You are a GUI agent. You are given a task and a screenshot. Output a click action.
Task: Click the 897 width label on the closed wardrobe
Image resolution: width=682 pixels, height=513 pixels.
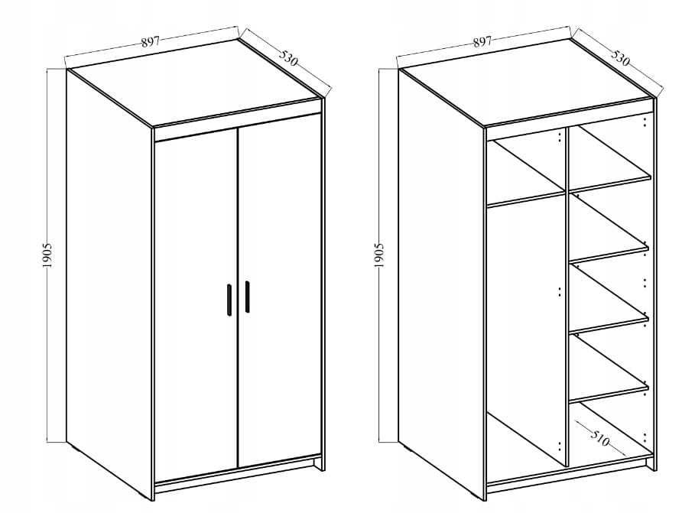coord(151,42)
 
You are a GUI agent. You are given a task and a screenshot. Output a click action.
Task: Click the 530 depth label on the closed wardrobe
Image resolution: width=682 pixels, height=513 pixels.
coord(288,58)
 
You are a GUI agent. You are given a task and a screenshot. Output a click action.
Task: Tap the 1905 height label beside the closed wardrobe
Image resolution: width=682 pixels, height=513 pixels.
coord(47,255)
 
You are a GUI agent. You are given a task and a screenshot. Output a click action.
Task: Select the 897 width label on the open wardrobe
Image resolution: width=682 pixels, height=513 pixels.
coord(482,42)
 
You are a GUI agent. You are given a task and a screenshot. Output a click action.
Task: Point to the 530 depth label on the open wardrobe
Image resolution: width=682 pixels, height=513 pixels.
coord(620,58)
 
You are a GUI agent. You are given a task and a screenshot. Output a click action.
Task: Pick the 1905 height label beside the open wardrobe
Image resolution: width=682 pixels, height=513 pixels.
coord(379,255)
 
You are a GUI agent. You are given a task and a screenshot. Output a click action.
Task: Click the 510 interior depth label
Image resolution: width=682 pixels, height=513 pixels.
coord(599,439)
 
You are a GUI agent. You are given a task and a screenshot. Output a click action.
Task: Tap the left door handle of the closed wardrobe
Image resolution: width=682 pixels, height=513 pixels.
coord(229,300)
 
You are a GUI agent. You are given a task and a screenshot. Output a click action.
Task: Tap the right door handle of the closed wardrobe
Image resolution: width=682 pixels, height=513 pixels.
coord(247,297)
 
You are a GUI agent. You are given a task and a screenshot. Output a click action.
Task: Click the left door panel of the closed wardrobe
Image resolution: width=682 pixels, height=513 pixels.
coord(196,304)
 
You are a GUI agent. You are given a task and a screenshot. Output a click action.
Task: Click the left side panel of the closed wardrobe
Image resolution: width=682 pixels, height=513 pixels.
coord(109,283)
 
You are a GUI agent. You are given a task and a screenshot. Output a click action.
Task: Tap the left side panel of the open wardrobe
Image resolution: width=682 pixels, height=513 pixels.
coord(441,283)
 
